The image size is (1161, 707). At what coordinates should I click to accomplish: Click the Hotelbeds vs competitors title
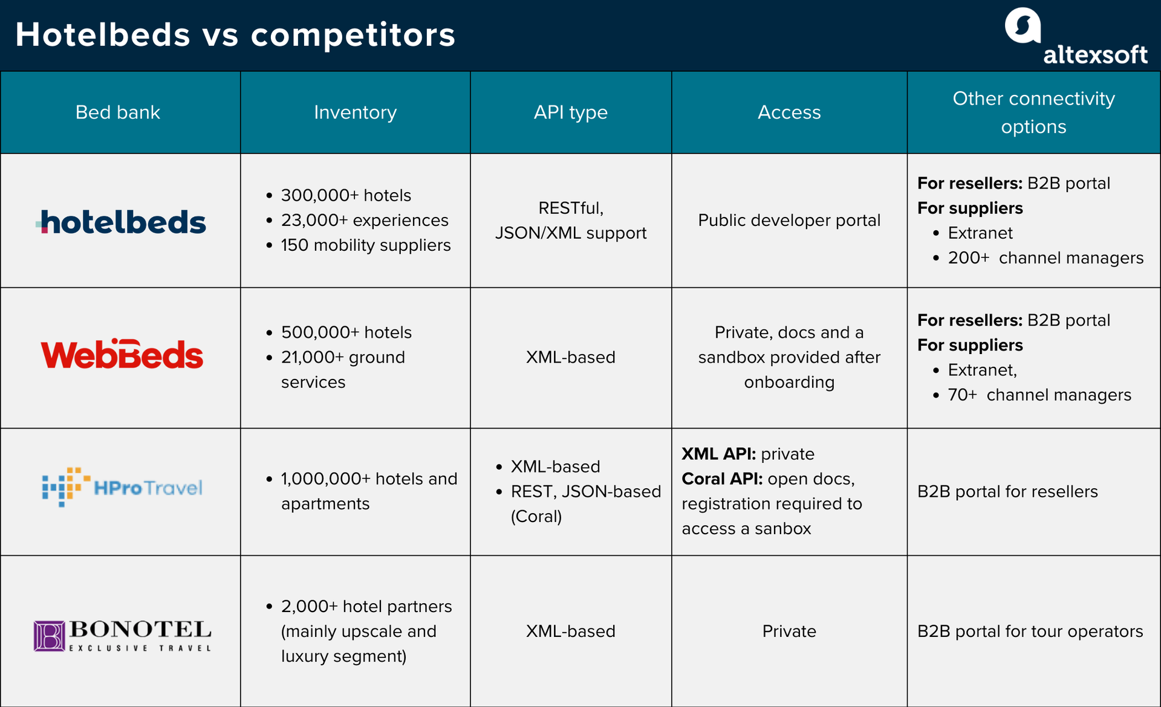tap(235, 34)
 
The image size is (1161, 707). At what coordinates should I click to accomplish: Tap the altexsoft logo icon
tap(1023, 25)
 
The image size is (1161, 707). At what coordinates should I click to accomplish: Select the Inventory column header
tap(355, 112)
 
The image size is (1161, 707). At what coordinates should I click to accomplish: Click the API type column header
tap(570, 112)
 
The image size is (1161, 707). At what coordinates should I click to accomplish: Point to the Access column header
tap(789, 112)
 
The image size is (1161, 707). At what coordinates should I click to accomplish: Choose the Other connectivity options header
tap(1033, 112)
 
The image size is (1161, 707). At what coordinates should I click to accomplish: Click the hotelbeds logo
tap(121, 222)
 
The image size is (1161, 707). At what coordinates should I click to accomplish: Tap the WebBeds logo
tap(122, 354)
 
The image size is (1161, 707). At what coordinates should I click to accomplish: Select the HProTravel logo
tap(122, 487)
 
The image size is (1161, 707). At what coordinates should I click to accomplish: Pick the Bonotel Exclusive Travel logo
tap(122, 636)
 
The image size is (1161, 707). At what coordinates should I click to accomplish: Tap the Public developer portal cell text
tap(789, 221)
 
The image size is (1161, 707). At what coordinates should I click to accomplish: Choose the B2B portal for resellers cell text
tap(1007, 492)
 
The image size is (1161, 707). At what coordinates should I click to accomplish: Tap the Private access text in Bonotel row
tap(789, 631)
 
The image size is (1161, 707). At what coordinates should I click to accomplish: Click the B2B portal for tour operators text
tap(1030, 631)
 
